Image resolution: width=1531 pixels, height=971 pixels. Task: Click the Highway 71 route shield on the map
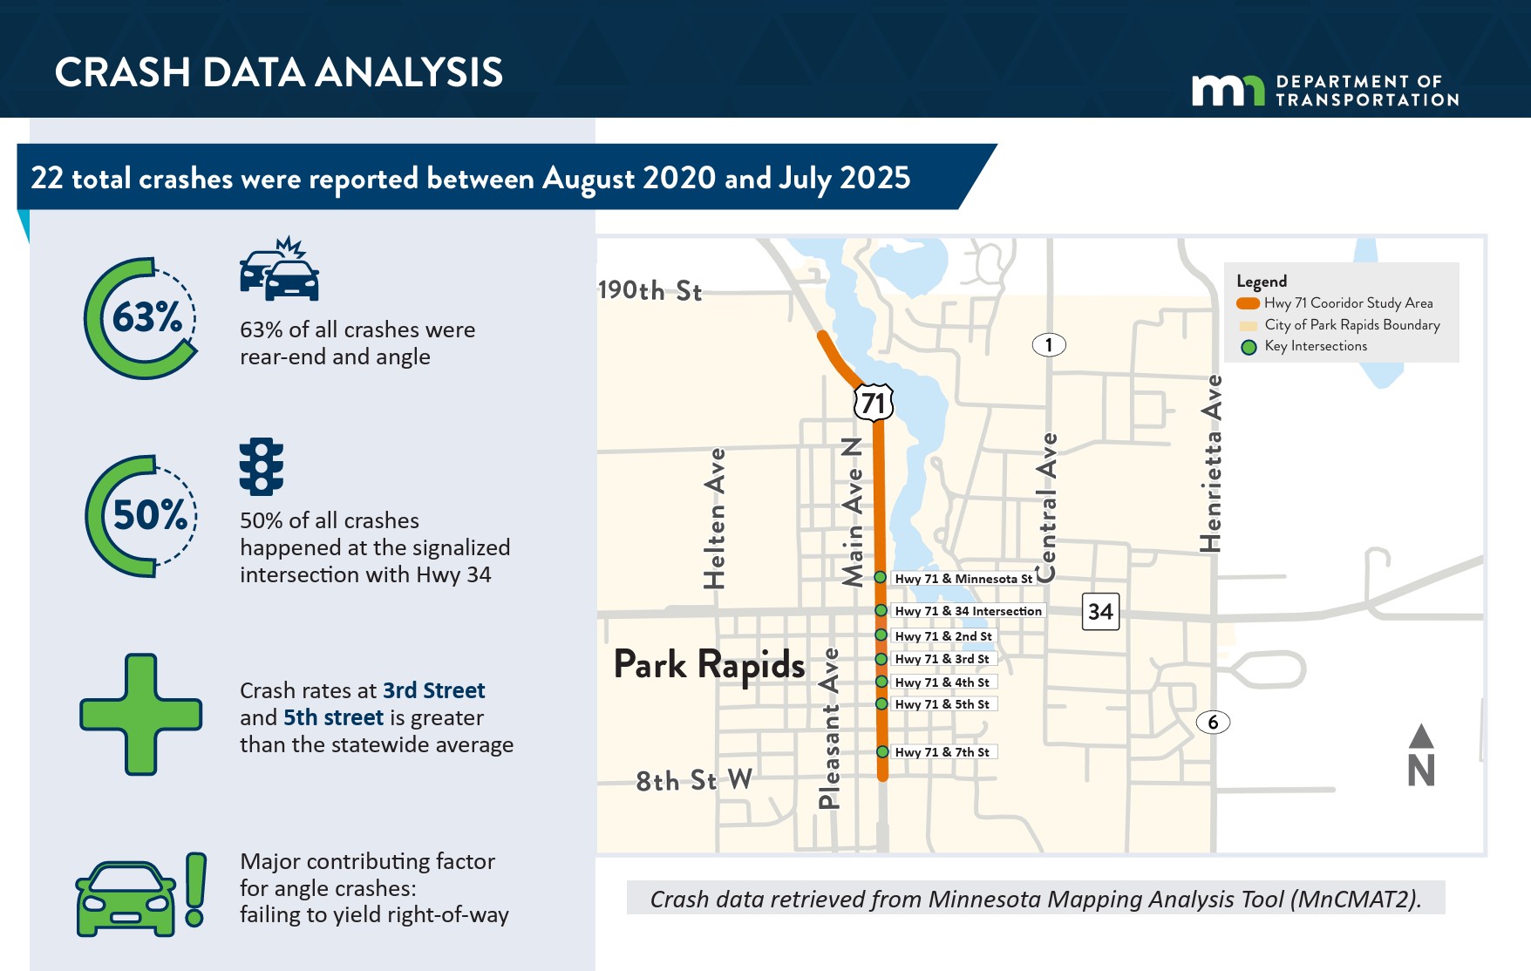[x=874, y=402]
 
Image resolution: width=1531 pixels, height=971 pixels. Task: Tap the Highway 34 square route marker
[x=1100, y=611]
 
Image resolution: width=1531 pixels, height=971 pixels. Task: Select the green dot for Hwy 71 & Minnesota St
[x=881, y=578]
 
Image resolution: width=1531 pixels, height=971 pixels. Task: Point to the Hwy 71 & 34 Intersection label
[x=968, y=611]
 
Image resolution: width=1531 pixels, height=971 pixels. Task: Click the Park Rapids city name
[x=709, y=666]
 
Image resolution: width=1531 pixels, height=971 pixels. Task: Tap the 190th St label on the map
[x=650, y=290]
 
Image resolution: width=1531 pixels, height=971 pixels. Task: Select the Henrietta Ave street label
[x=1211, y=464]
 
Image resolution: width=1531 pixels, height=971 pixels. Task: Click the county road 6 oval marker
[x=1213, y=722]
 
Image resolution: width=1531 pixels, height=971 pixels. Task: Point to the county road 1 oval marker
[x=1049, y=345]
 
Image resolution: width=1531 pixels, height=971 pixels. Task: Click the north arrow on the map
[x=1421, y=755]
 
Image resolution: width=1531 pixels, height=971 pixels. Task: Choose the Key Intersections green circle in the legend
[x=1249, y=347]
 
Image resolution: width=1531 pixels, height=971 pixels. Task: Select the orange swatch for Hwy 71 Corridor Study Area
[x=1248, y=303]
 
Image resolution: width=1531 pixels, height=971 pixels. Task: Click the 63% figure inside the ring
[x=147, y=317]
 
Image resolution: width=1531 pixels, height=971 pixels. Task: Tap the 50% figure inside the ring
[x=150, y=515]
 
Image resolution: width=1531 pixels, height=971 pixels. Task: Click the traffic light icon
[x=262, y=466]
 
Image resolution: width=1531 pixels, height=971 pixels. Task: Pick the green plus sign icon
[x=141, y=715]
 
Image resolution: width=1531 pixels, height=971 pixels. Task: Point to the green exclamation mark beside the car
[x=196, y=890]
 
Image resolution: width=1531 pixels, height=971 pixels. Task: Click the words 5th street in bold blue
[x=333, y=717]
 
